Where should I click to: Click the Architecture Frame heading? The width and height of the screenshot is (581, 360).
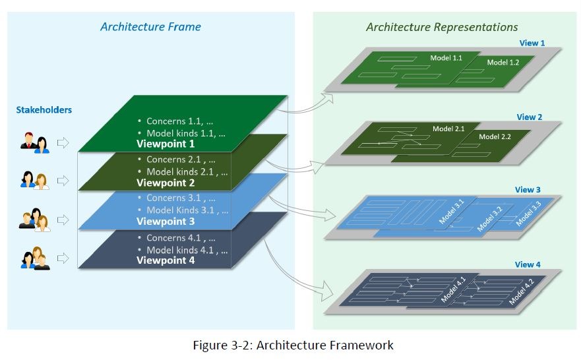[150, 27]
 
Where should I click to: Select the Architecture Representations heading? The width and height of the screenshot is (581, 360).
[442, 27]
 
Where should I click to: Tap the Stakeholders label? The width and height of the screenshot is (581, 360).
[44, 109]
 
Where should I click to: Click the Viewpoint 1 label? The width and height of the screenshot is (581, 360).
[166, 143]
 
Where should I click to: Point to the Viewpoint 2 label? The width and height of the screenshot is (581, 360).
[166, 183]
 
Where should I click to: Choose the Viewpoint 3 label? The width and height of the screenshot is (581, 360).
[166, 221]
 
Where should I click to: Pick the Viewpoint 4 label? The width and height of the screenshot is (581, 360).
[166, 260]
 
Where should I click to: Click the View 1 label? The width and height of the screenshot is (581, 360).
[532, 43]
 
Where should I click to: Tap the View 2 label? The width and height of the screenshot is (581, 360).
[530, 117]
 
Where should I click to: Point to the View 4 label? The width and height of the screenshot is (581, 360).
[528, 264]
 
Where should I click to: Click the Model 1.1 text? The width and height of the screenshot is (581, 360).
[446, 58]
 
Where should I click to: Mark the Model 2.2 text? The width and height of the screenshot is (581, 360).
[495, 136]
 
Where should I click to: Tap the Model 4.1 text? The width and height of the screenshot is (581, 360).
[453, 290]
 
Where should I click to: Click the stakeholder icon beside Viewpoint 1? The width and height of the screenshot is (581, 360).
[35, 143]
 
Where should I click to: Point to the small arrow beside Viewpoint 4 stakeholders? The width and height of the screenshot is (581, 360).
[63, 257]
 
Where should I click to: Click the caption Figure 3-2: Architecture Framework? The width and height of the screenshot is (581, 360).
[293, 345]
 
